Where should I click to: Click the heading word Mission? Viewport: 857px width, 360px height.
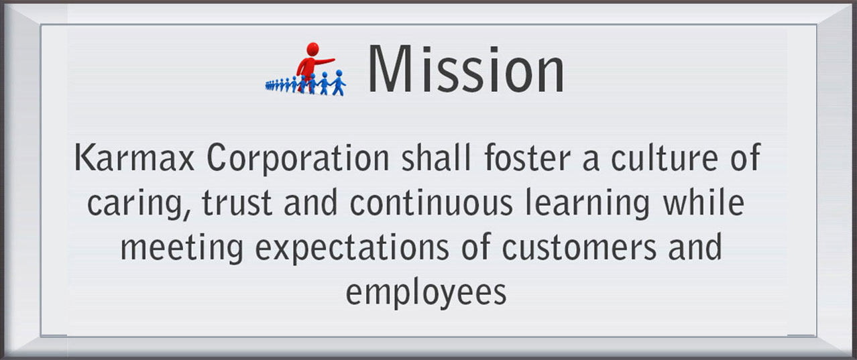465,69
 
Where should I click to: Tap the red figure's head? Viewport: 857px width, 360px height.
312,48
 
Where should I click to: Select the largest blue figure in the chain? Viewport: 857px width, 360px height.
338,82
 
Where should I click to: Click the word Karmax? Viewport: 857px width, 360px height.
134,158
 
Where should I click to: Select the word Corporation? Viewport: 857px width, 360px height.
298,159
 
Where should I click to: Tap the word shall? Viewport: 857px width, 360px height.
436,158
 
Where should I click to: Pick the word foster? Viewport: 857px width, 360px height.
527,158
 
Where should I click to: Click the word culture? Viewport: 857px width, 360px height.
664,158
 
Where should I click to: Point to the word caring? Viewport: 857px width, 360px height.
139,204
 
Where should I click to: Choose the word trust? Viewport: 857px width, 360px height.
237,202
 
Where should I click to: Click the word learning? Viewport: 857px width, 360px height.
587,204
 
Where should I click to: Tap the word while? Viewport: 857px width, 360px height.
703,202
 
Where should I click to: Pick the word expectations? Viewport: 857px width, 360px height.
352,249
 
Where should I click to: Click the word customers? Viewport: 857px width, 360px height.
579,248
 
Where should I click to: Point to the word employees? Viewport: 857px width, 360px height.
426,294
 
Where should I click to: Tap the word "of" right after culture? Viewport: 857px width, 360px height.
745,158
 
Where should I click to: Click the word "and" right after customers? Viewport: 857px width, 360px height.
695,247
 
